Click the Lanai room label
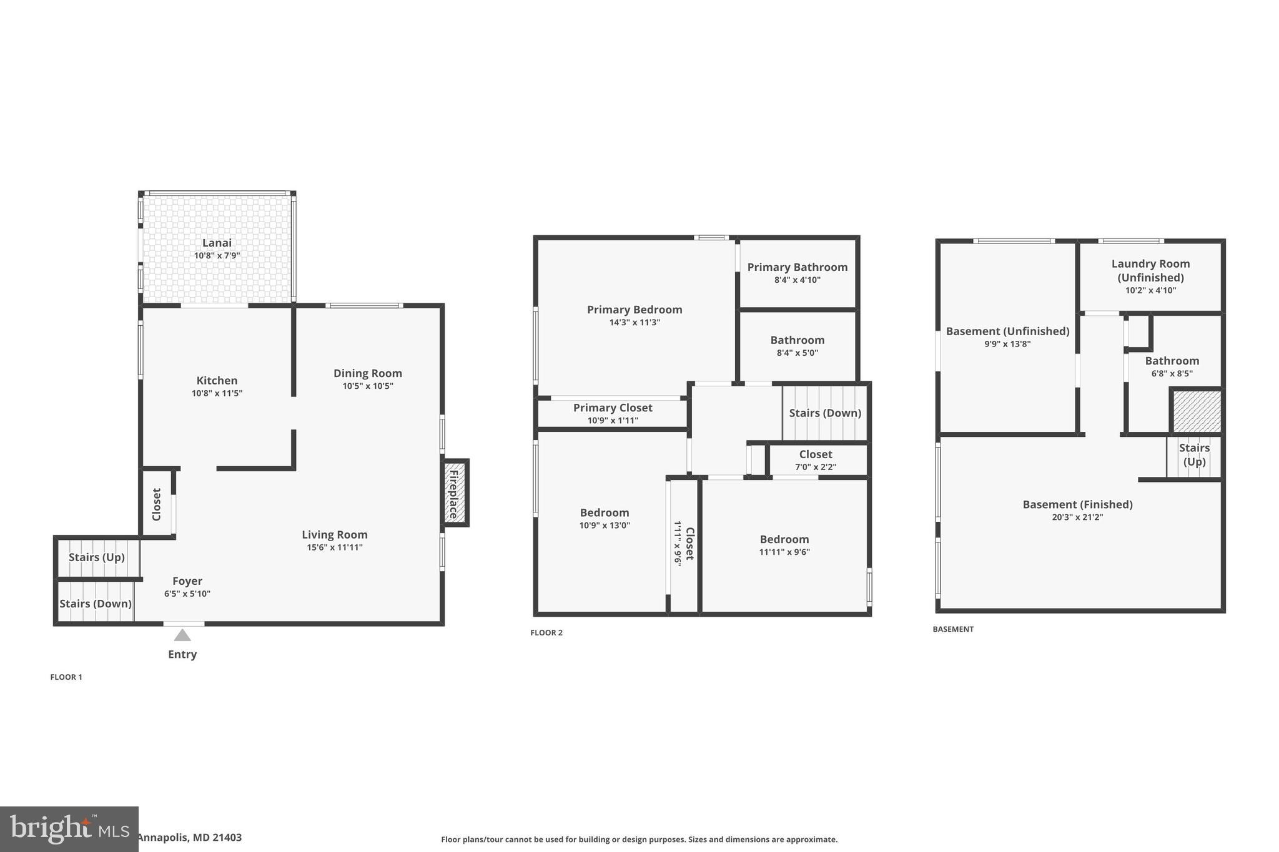point(217,243)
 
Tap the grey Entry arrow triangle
point(182,635)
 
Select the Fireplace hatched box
point(455,493)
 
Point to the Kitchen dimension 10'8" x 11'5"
point(217,393)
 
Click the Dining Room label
point(367,373)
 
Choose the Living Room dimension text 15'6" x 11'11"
point(335,547)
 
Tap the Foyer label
point(187,581)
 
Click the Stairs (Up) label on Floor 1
point(97,557)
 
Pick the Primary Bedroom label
point(635,310)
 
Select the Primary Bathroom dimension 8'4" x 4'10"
point(798,280)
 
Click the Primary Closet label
point(613,408)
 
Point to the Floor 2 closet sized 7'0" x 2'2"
point(816,460)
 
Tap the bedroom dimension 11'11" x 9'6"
point(784,552)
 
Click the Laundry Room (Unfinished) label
point(1150,270)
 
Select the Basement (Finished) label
point(1077,504)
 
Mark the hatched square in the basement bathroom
point(1197,412)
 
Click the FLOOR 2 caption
point(546,632)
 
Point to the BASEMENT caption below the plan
point(953,629)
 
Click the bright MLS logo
point(69,829)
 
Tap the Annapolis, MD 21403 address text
point(189,838)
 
